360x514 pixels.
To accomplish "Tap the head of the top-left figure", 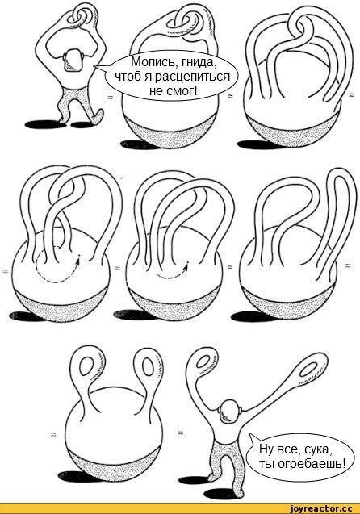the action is click(x=73, y=61).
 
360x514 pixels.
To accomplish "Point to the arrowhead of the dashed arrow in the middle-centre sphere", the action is click(x=186, y=268).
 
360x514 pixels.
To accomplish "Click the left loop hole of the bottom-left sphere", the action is click(x=86, y=367).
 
